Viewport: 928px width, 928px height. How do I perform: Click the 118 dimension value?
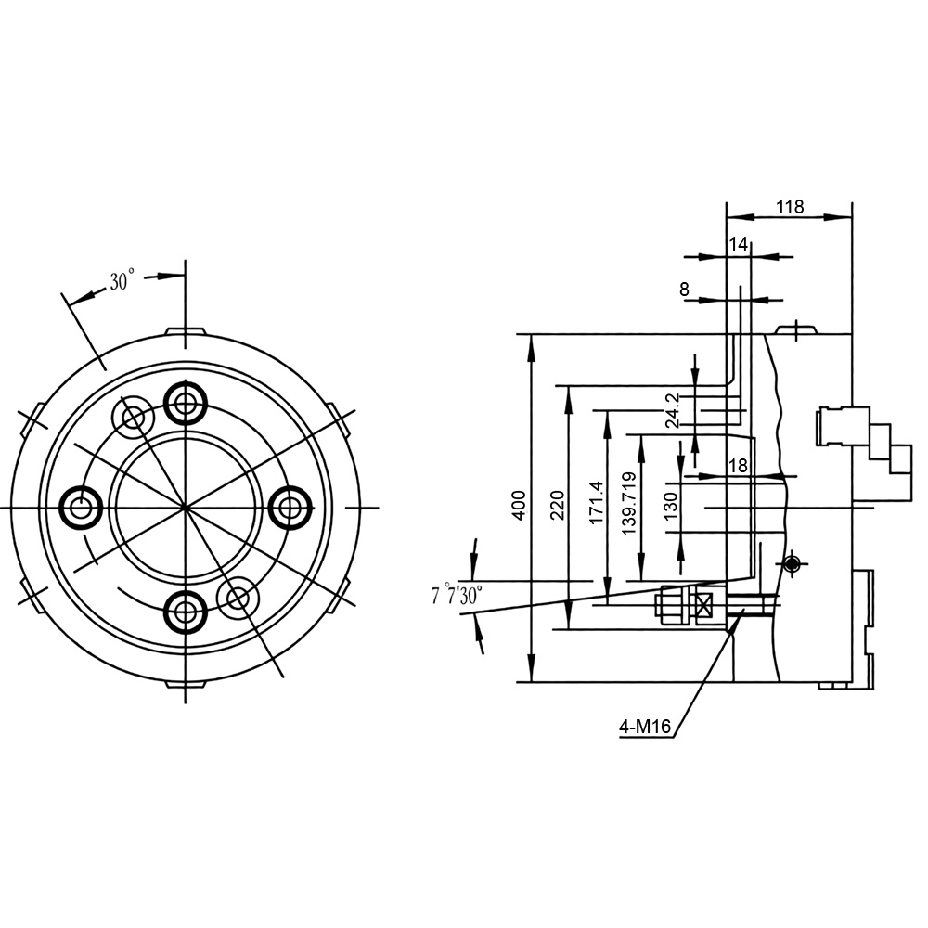tap(790, 207)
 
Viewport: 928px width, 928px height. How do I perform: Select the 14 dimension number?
tap(738, 244)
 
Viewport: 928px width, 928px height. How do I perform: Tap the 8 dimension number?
tap(684, 290)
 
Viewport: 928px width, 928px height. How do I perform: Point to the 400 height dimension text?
tap(519, 505)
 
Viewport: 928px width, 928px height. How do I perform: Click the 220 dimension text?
tap(558, 505)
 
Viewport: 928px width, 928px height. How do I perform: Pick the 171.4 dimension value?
tap(596, 501)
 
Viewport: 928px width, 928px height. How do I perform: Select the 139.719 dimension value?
tap(629, 503)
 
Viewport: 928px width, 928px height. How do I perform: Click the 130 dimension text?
tap(670, 506)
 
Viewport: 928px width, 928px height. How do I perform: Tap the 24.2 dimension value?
tap(672, 410)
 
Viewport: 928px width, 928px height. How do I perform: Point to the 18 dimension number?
tap(738, 466)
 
